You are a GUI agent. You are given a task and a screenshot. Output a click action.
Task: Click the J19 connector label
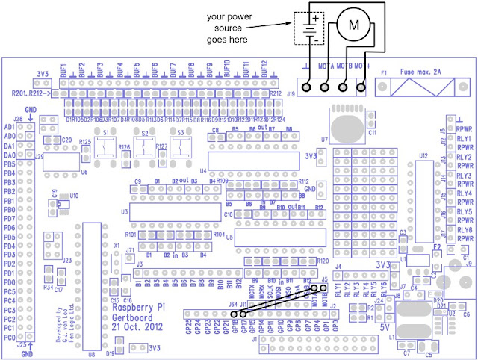coord(291,94)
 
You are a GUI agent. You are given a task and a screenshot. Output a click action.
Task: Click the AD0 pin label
coord(10,137)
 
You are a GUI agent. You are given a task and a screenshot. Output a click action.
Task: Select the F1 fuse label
coord(385,74)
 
